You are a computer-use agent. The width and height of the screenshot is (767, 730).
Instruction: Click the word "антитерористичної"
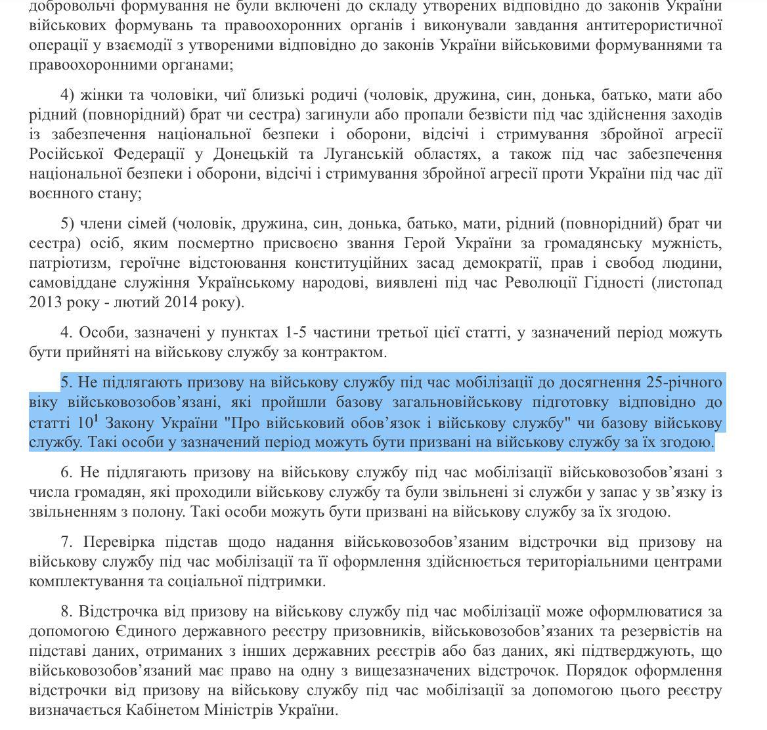click(x=647, y=26)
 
